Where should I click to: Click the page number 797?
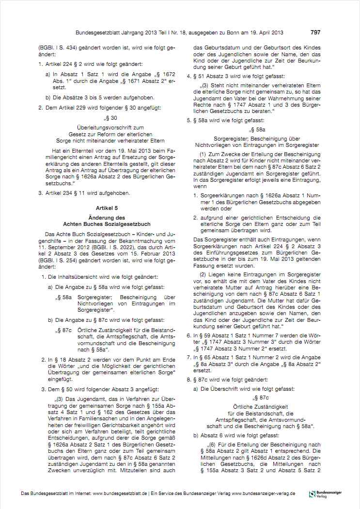(315, 32)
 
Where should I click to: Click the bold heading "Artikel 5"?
(107, 207)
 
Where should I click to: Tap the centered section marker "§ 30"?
(111, 118)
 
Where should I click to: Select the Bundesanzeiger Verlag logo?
(325, 493)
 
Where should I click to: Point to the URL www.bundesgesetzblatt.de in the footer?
(120, 493)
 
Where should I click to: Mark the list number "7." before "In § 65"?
(189, 357)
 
